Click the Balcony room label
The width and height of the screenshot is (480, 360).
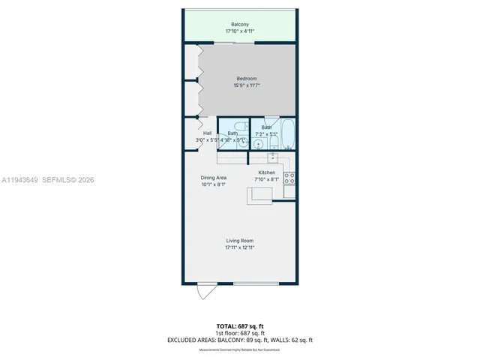click(x=239, y=24)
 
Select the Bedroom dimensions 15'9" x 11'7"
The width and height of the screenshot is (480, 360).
click(x=247, y=85)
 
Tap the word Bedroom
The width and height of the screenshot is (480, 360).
click(x=247, y=79)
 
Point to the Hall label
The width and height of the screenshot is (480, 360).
click(x=207, y=133)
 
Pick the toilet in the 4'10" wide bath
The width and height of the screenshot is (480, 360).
click(x=238, y=127)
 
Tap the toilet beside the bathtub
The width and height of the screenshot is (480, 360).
click(x=274, y=142)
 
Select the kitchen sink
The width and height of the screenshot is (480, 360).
click(x=274, y=157)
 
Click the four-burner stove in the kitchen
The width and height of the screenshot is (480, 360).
click(x=289, y=178)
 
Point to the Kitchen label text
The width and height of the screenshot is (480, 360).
click(x=266, y=172)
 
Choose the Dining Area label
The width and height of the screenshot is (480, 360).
click(x=213, y=178)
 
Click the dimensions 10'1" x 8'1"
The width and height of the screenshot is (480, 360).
click(x=213, y=184)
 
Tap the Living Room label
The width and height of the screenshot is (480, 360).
click(x=240, y=240)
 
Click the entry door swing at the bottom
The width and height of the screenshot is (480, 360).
click(x=205, y=292)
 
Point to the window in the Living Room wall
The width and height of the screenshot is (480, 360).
click(x=256, y=283)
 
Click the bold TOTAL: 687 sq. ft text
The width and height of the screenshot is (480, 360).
click(x=240, y=325)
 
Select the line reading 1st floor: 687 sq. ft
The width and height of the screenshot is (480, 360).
click(x=240, y=332)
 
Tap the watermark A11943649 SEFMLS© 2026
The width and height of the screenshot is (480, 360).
click(x=48, y=180)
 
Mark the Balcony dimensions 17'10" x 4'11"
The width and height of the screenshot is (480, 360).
click(x=239, y=31)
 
